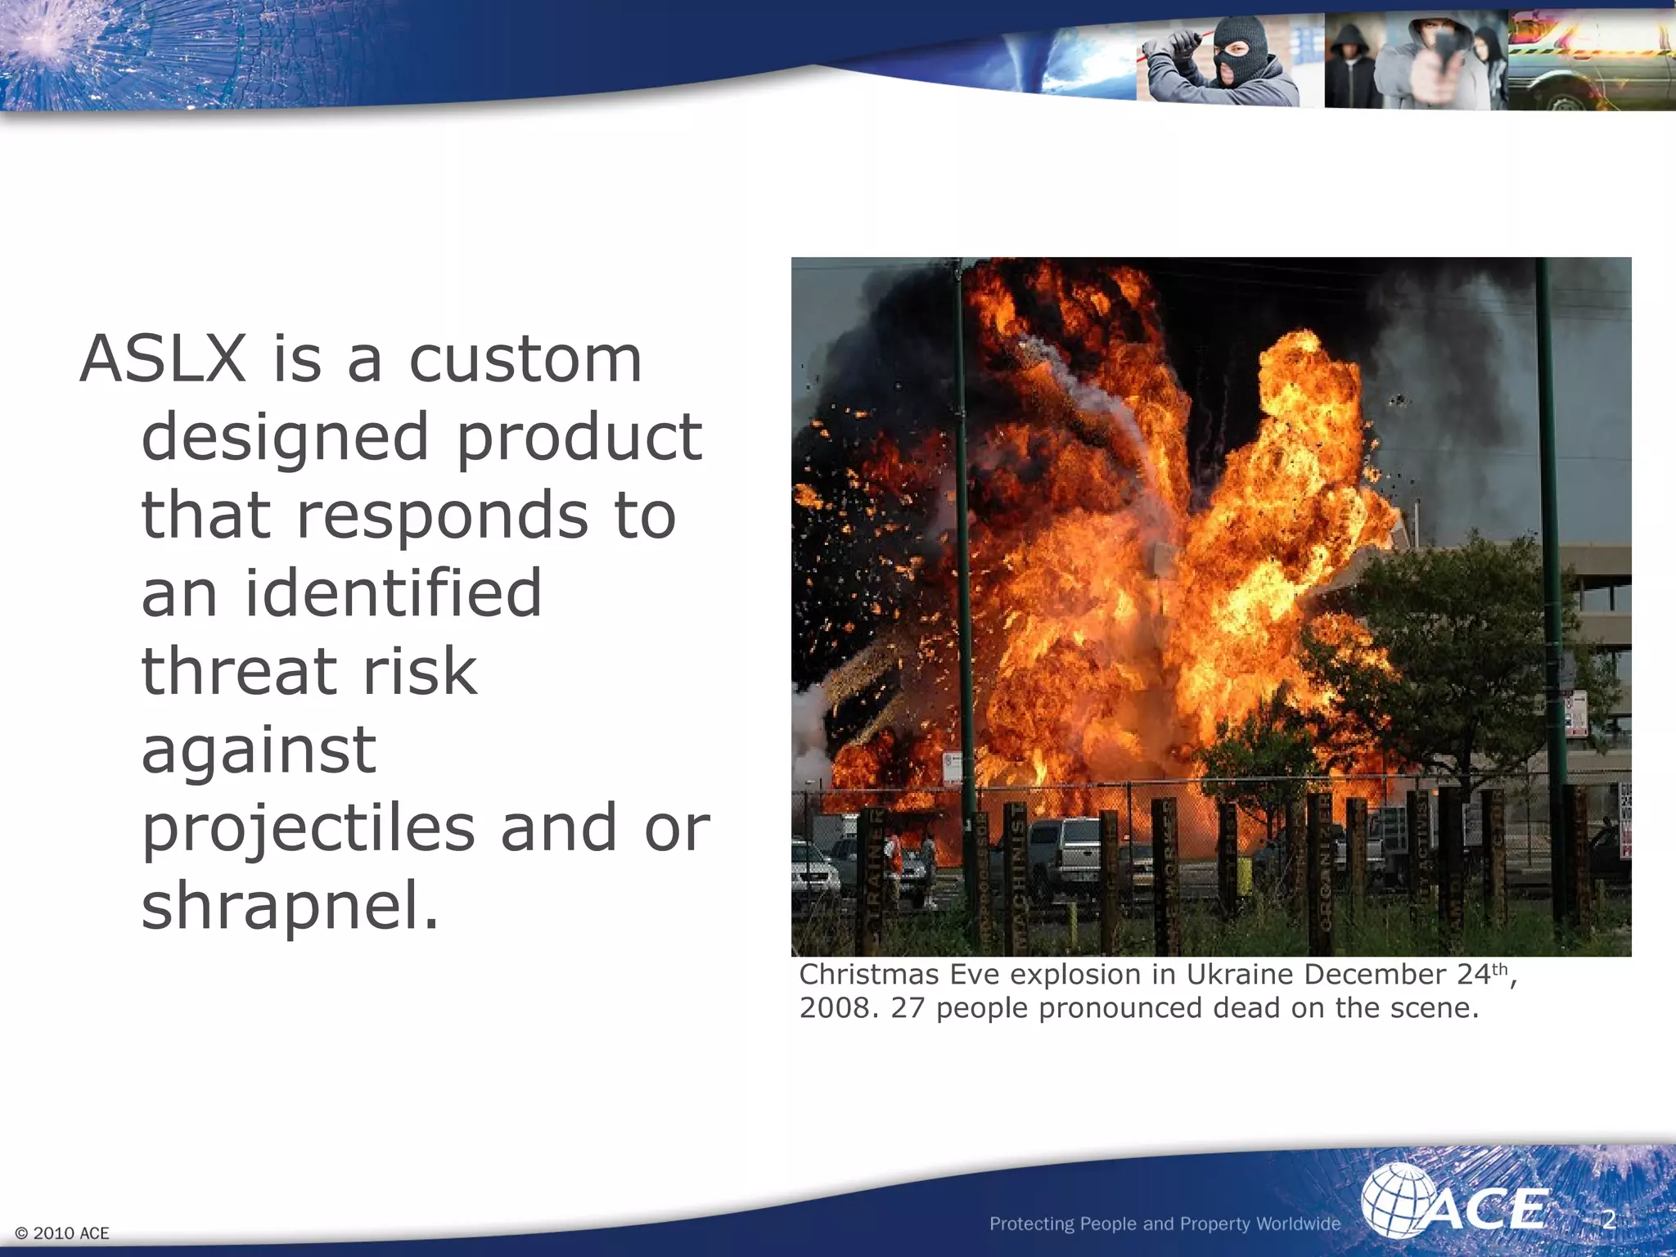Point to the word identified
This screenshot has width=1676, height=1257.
tap(393, 592)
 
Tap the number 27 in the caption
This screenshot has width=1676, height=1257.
tap(908, 1008)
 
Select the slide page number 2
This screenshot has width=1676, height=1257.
tap(1608, 1219)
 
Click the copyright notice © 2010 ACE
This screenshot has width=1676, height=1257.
tap(62, 1233)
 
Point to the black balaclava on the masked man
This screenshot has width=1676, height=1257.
tap(1241, 49)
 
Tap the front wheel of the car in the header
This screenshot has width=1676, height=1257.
tap(1564, 102)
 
